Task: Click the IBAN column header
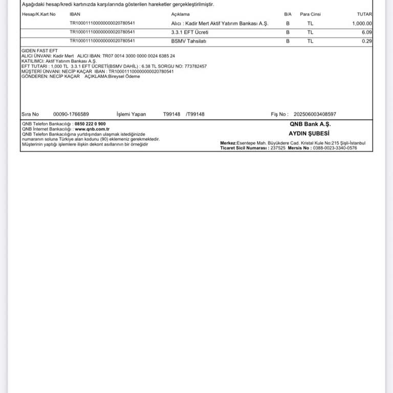(75, 14)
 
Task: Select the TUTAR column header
(364, 14)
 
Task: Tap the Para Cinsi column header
(310, 14)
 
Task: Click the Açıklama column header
(180, 14)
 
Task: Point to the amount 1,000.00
(362, 24)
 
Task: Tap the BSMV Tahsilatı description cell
(188, 41)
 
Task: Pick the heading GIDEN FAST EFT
(39, 51)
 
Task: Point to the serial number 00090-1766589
(71, 114)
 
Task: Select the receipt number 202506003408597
(315, 114)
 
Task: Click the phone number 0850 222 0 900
(90, 124)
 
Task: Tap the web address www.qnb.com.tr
(92, 129)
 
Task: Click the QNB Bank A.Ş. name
(310, 124)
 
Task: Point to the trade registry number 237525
(277, 148)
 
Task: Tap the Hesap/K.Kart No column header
(39, 14)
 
